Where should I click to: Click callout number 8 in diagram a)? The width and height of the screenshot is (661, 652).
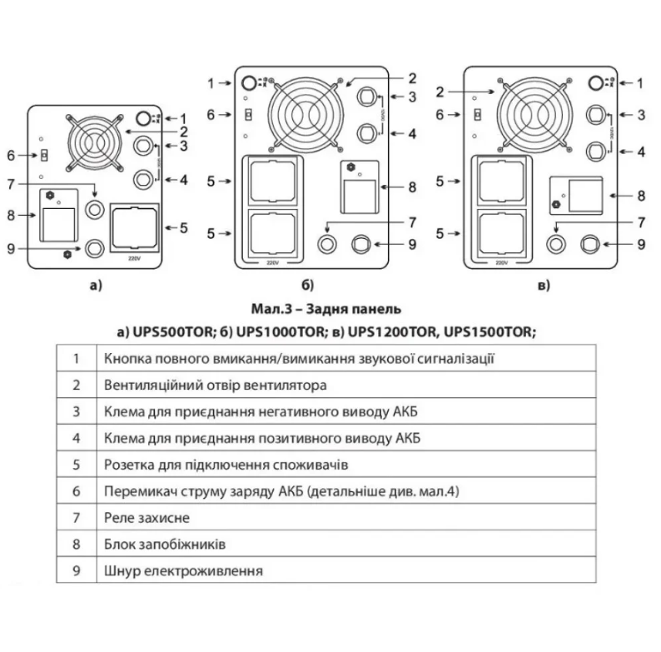(12, 215)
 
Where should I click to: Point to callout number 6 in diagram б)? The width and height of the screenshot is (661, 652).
(211, 114)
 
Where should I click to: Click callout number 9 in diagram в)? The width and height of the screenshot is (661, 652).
(641, 244)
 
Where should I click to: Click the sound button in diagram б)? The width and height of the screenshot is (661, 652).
(248, 83)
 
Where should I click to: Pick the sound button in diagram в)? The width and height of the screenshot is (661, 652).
(594, 82)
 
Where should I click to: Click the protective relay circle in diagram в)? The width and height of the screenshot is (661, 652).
(556, 244)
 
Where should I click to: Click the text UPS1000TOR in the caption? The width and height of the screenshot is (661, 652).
(280, 331)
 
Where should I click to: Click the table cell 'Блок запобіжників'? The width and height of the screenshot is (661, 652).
(166, 544)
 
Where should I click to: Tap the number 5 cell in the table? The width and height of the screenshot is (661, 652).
(76, 464)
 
